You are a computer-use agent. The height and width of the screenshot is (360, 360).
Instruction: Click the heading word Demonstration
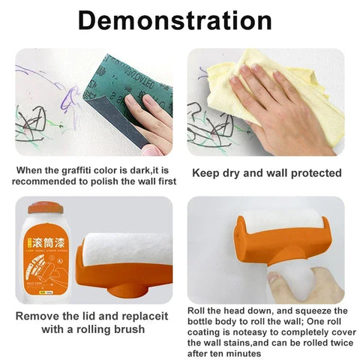pyautogui.click(x=180, y=20)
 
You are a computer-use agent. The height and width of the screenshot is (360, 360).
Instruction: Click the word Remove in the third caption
pyautogui.click(x=39, y=316)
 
